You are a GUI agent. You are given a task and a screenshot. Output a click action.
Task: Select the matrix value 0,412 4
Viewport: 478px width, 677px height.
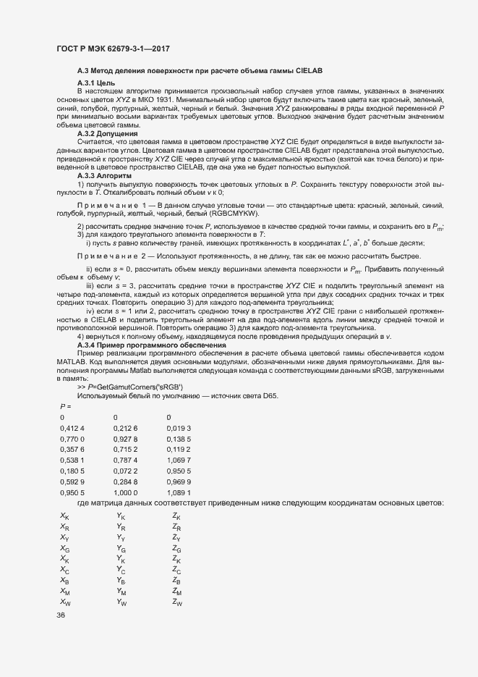(x=72, y=429)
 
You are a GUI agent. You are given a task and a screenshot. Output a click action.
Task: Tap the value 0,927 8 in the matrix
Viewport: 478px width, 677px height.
(x=126, y=440)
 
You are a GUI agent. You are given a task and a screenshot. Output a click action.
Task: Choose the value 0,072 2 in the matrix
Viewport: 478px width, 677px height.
(x=126, y=471)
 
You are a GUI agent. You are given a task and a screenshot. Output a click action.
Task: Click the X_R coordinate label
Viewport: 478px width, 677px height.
(x=65, y=527)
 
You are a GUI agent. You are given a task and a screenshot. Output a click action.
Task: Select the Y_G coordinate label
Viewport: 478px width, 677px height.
(x=121, y=550)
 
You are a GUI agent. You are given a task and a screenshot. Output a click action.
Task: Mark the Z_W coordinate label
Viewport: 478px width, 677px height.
(x=177, y=603)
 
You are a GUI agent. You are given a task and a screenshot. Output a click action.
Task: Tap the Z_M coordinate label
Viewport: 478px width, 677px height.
(x=177, y=592)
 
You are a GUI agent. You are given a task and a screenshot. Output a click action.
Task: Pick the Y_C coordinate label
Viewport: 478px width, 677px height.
(x=121, y=571)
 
